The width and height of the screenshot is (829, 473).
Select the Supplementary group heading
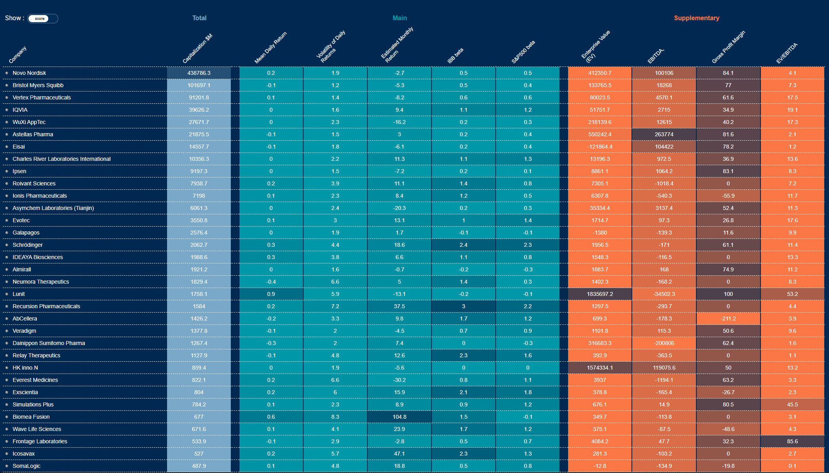point(696,18)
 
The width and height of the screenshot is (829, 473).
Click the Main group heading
point(399,18)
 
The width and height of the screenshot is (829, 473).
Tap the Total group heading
point(199,18)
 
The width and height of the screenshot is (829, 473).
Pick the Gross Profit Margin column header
point(728,47)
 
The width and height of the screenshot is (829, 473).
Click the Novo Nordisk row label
point(29,73)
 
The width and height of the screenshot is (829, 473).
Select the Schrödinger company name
point(27,245)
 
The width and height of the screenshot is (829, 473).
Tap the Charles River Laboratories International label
point(61,159)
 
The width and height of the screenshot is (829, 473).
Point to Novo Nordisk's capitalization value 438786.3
point(199,73)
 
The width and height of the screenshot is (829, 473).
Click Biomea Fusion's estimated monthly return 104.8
point(399,417)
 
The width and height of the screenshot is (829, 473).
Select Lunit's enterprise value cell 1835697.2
point(600,294)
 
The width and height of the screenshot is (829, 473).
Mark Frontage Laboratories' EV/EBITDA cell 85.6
point(792,441)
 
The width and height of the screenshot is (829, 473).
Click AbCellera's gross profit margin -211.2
point(728,319)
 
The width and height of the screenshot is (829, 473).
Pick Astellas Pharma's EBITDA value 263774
point(664,134)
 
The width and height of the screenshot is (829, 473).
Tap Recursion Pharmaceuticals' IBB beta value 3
point(463,306)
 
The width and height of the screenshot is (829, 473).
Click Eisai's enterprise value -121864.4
point(600,147)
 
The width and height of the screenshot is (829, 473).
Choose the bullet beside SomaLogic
point(7,466)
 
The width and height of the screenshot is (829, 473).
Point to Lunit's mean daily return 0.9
point(271,294)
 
